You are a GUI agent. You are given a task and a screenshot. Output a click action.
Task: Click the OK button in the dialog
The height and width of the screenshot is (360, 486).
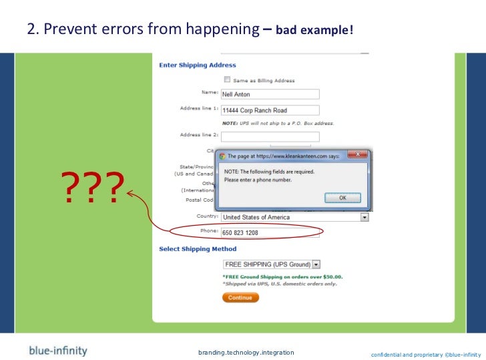(342, 198)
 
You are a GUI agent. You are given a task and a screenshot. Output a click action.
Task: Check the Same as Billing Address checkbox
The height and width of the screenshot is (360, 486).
(227, 79)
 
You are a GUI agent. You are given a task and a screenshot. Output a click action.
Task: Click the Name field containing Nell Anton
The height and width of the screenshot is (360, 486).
(270, 94)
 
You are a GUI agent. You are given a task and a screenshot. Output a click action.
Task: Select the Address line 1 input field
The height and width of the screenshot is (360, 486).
(270, 110)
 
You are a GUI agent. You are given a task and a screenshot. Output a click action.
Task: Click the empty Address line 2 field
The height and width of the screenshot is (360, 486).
(270, 136)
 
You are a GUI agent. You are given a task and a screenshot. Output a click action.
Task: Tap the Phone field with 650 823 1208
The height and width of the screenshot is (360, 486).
(270, 233)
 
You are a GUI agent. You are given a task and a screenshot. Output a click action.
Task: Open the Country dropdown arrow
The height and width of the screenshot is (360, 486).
(364, 217)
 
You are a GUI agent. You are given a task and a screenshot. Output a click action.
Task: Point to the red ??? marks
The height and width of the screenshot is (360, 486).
(93, 190)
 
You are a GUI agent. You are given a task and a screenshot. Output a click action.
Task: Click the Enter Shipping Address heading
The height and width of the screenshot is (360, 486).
(198, 65)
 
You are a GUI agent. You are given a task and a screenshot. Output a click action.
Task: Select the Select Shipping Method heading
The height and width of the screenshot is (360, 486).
(198, 249)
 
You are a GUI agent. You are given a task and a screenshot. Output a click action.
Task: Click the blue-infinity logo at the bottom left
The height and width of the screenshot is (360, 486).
(57, 351)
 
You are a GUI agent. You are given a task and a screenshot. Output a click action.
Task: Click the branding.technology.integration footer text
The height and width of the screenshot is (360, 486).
(246, 352)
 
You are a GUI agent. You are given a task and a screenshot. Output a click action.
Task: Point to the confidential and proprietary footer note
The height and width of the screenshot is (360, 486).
(425, 353)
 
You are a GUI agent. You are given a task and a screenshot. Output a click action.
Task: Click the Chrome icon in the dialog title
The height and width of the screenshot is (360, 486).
(223, 156)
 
